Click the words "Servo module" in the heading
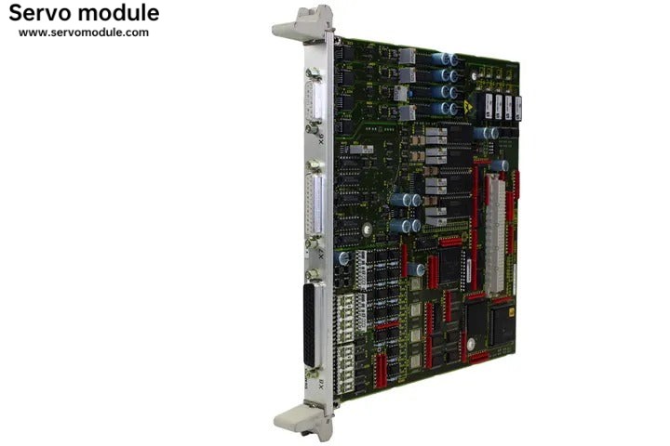pyautogui.click(x=84, y=13)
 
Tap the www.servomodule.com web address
pyautogui.click(x=84, y=33)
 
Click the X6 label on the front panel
pyautogui.click(x=322, y=142)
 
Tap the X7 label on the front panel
pyautogui.click(x=322, y=251)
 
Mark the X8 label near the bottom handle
pyautogui.click(x=323, y=383)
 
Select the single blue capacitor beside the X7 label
pyautogui.click(x=344, y=258)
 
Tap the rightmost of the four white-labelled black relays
pyautogui.click(x=517, y=106)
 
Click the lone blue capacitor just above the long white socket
pyautogui.click(x=501, y=165)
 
